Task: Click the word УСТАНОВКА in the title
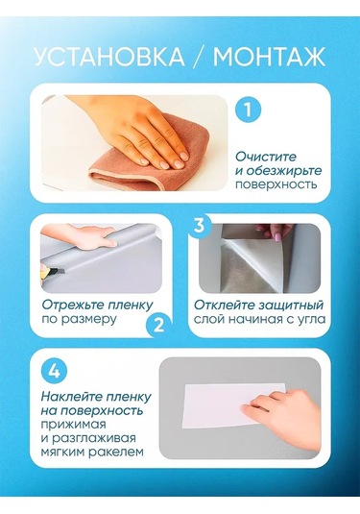click(x=109, y=57)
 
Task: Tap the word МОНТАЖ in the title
click(x=269, y=57)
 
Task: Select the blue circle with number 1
click(x=248, y=110)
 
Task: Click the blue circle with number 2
click(x=158, y=326)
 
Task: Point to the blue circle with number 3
click(x=199, y=226)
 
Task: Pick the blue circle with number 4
click(x=54, y=372)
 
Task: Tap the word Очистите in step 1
click(x=266, y=157)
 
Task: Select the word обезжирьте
click(x=284, y=171)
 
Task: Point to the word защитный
click(x=290, y=306)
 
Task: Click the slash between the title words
click(x=199, y=57)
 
